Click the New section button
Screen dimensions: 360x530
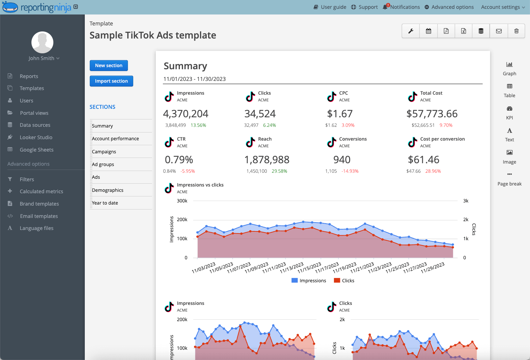(x=108, y=65)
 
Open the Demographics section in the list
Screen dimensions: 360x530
(x=108, y=190)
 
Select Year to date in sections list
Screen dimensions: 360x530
(x=105, y=203)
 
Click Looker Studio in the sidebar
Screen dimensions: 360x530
(x=36, y=137)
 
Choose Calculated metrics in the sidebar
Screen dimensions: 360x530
(x=41, y=191)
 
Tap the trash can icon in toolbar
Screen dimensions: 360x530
(x=516, y=31)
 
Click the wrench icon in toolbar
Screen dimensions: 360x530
(x=411, y=31)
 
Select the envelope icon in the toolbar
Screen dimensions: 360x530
(x=499, y=31)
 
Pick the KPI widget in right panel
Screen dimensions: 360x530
(x=510, y=112)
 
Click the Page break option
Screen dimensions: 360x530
(x=510, y=179)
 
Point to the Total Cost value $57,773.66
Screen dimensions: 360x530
(x=432, y=114)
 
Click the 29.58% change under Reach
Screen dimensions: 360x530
(x=279, y=171)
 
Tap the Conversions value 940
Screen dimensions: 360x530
(x=342, y=160)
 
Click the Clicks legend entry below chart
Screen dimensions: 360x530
(x=344, y=281)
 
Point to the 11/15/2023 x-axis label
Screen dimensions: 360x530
(x=309, y=268)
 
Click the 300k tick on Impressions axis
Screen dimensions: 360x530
(x=182, y=201)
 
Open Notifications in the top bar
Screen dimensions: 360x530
(x=401, y=7)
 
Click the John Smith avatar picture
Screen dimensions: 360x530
(x=42, y=42)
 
